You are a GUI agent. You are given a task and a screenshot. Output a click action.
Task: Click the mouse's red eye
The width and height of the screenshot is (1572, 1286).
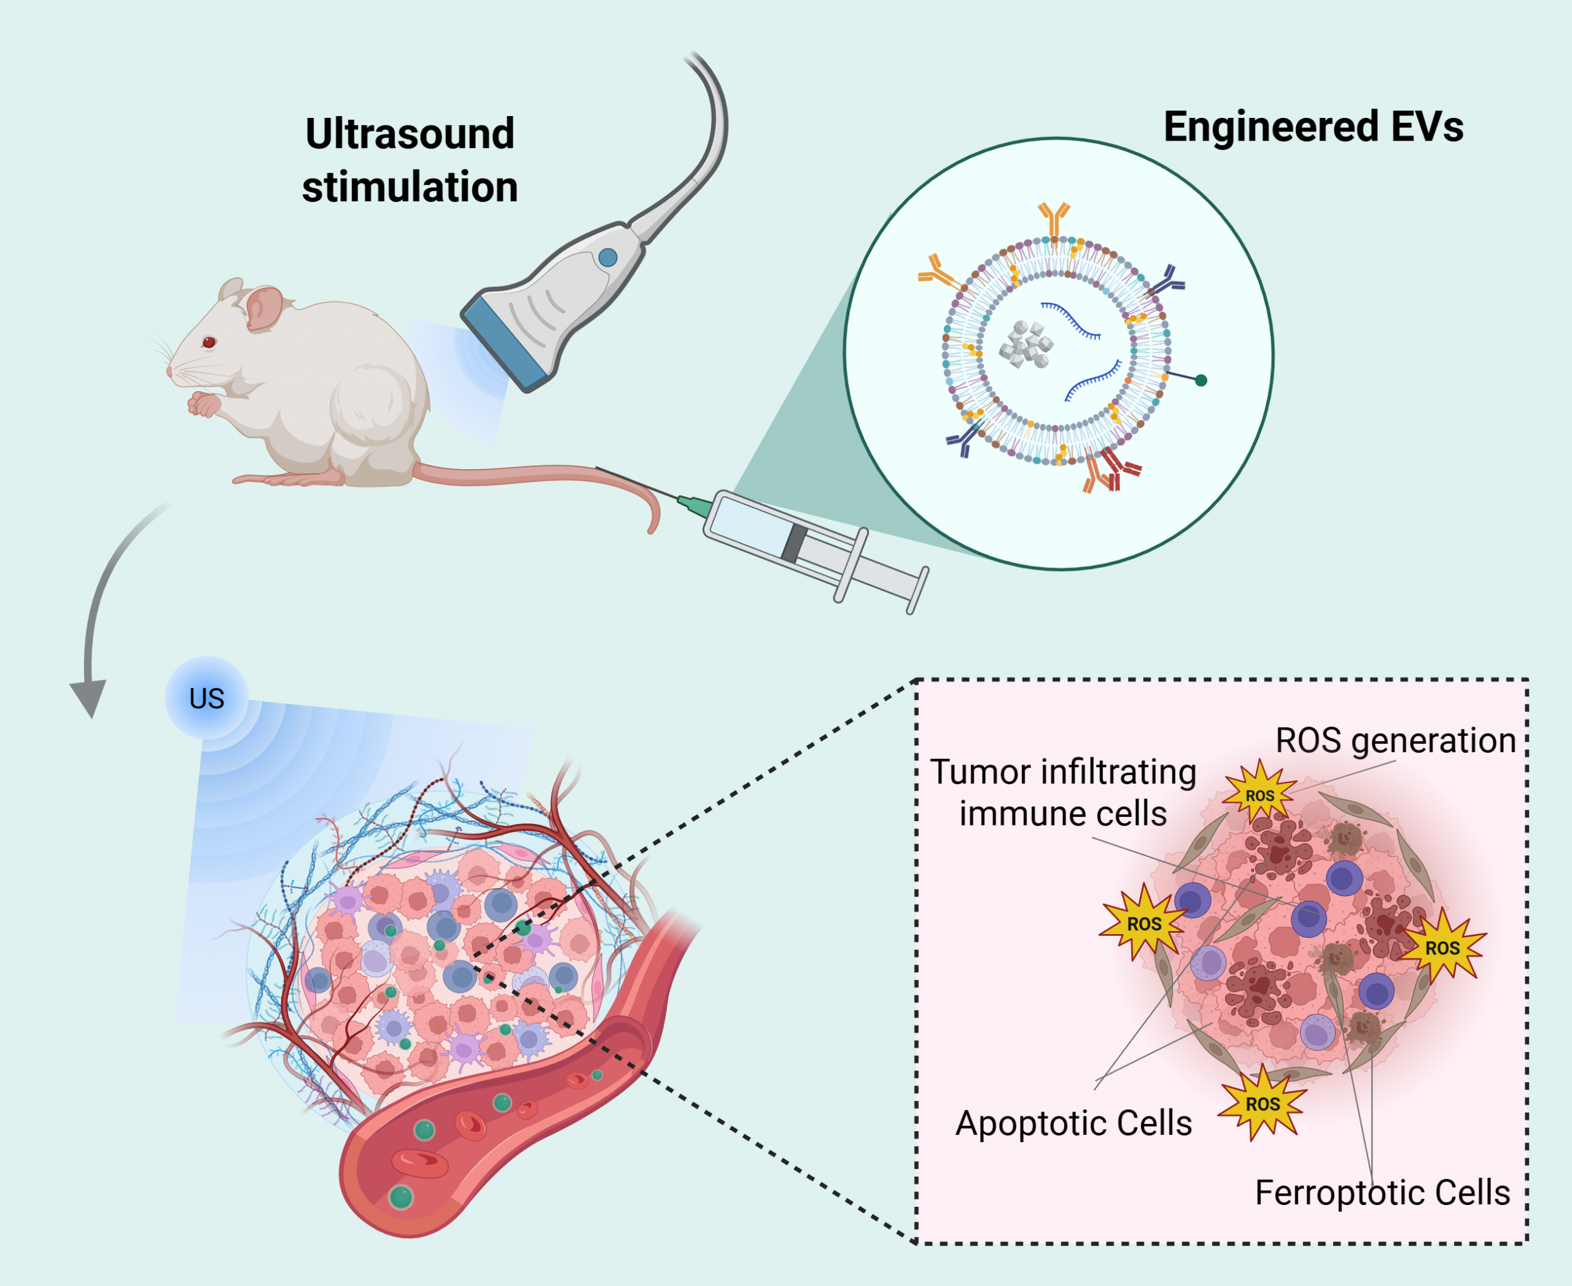click(x=209, y=341)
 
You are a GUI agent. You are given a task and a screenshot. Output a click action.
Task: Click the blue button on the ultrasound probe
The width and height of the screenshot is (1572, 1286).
click(x=607, y=257)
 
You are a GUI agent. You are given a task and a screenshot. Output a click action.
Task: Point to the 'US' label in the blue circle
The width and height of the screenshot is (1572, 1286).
click(x=207, y=698)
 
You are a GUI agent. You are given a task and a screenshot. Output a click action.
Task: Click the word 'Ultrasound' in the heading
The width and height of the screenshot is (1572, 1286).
click(x=410, y=134)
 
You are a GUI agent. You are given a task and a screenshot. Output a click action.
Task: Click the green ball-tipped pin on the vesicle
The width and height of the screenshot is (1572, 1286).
click(x=1201, y=380)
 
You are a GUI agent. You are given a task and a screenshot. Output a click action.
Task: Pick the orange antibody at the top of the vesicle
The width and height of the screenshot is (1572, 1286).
click(x=1054, y=218)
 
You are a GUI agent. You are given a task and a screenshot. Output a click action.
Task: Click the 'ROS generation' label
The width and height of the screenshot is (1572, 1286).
click(x=1396, y=741)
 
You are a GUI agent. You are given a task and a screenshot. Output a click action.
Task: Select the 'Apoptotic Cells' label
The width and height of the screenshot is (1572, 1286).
click(x=1073, y=1123)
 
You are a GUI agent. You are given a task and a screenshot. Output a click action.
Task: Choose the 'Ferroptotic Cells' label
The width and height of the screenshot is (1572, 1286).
click(x=1382, y=1193)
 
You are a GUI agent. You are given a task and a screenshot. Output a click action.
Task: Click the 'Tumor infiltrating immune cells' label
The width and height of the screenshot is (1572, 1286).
click(x=1063, y=793)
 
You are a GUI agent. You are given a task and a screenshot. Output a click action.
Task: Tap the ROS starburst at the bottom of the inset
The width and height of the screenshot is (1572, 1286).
click(x=1263, y=1104)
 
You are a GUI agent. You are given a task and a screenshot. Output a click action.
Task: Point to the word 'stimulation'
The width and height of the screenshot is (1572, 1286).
click(x=410, y=187)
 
